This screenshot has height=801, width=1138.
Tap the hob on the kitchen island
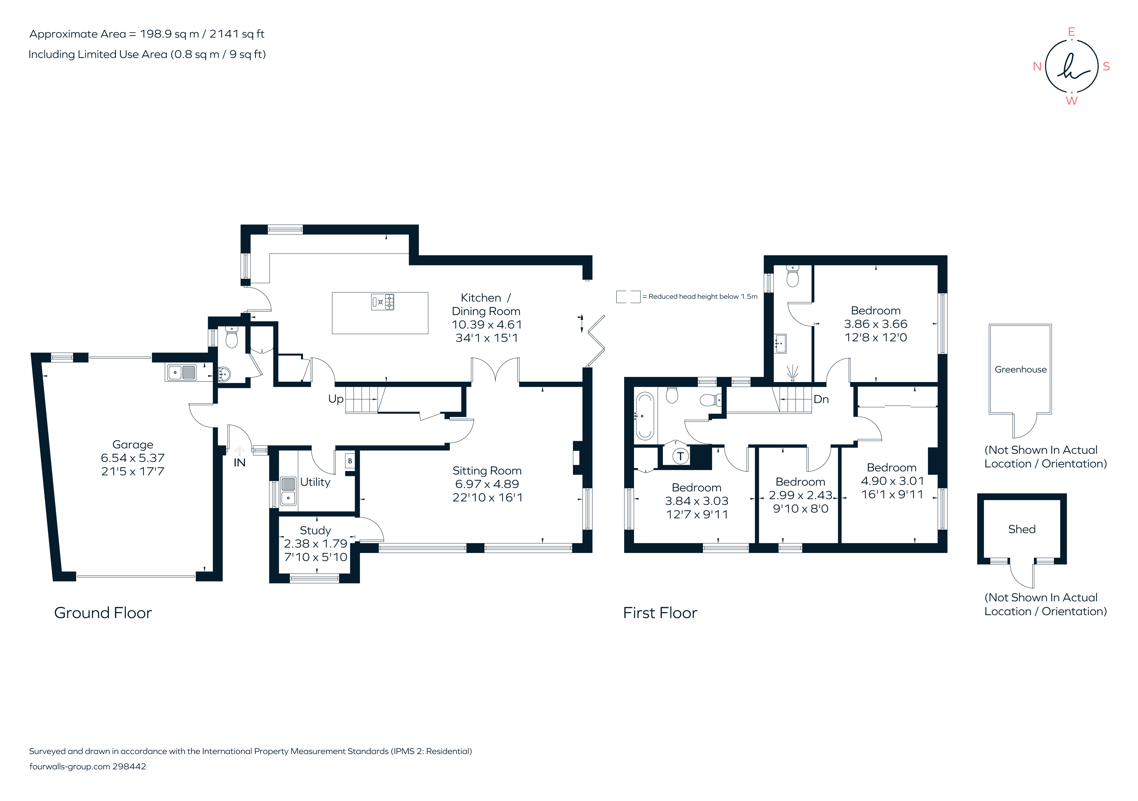coord(383,302)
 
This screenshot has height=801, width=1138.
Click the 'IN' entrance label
coord(239,462)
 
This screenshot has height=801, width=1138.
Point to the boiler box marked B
coord(350,461)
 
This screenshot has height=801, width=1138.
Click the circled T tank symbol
coord(681,456)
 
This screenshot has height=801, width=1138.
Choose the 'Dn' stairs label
coord(821,399)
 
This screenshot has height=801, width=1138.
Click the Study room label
coord(315,530)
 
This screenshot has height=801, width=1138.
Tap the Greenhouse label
coord(1020,369)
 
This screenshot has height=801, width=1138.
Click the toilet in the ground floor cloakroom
coord(231,338)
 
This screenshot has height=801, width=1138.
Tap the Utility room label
coord(315,482)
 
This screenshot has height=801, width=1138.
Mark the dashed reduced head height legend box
coord(628,297)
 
